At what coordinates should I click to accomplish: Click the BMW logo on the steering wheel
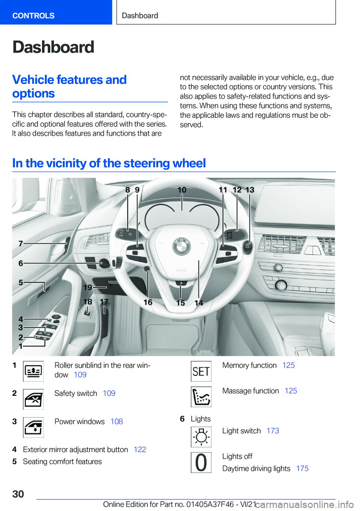coord(181,246)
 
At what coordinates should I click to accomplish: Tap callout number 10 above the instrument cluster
coord(182,190)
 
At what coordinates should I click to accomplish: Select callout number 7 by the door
coord(21,243)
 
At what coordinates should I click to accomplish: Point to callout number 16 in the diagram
coord(148,302)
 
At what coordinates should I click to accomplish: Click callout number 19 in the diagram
coord(88,287)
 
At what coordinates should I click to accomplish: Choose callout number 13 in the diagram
coord(250,190)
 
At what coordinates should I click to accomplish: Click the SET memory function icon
coord(201,371)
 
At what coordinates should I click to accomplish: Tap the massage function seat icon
coord(201,397)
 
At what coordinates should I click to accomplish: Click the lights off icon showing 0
coord(201,463)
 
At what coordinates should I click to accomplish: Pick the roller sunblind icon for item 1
coord(33,371)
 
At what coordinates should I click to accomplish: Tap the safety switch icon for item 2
coord(33,399)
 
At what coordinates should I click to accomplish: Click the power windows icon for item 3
coord(33,427)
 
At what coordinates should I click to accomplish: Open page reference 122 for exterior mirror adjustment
coord(140,449)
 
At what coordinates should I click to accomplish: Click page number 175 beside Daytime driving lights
coord(302,469)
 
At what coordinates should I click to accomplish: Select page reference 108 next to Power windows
coord(117,422)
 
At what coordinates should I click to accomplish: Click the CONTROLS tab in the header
coord(33,16)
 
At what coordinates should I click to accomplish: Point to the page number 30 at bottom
coord(18,494)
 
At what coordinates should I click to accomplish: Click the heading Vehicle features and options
coord(69,86)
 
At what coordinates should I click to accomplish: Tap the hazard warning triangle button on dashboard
coord(312,250)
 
